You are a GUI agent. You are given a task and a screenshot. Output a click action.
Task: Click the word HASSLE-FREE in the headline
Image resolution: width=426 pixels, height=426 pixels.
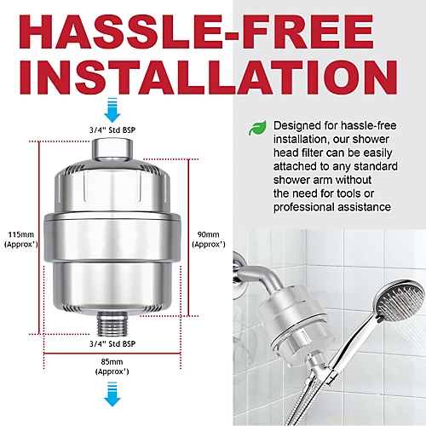click(213, 33)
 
